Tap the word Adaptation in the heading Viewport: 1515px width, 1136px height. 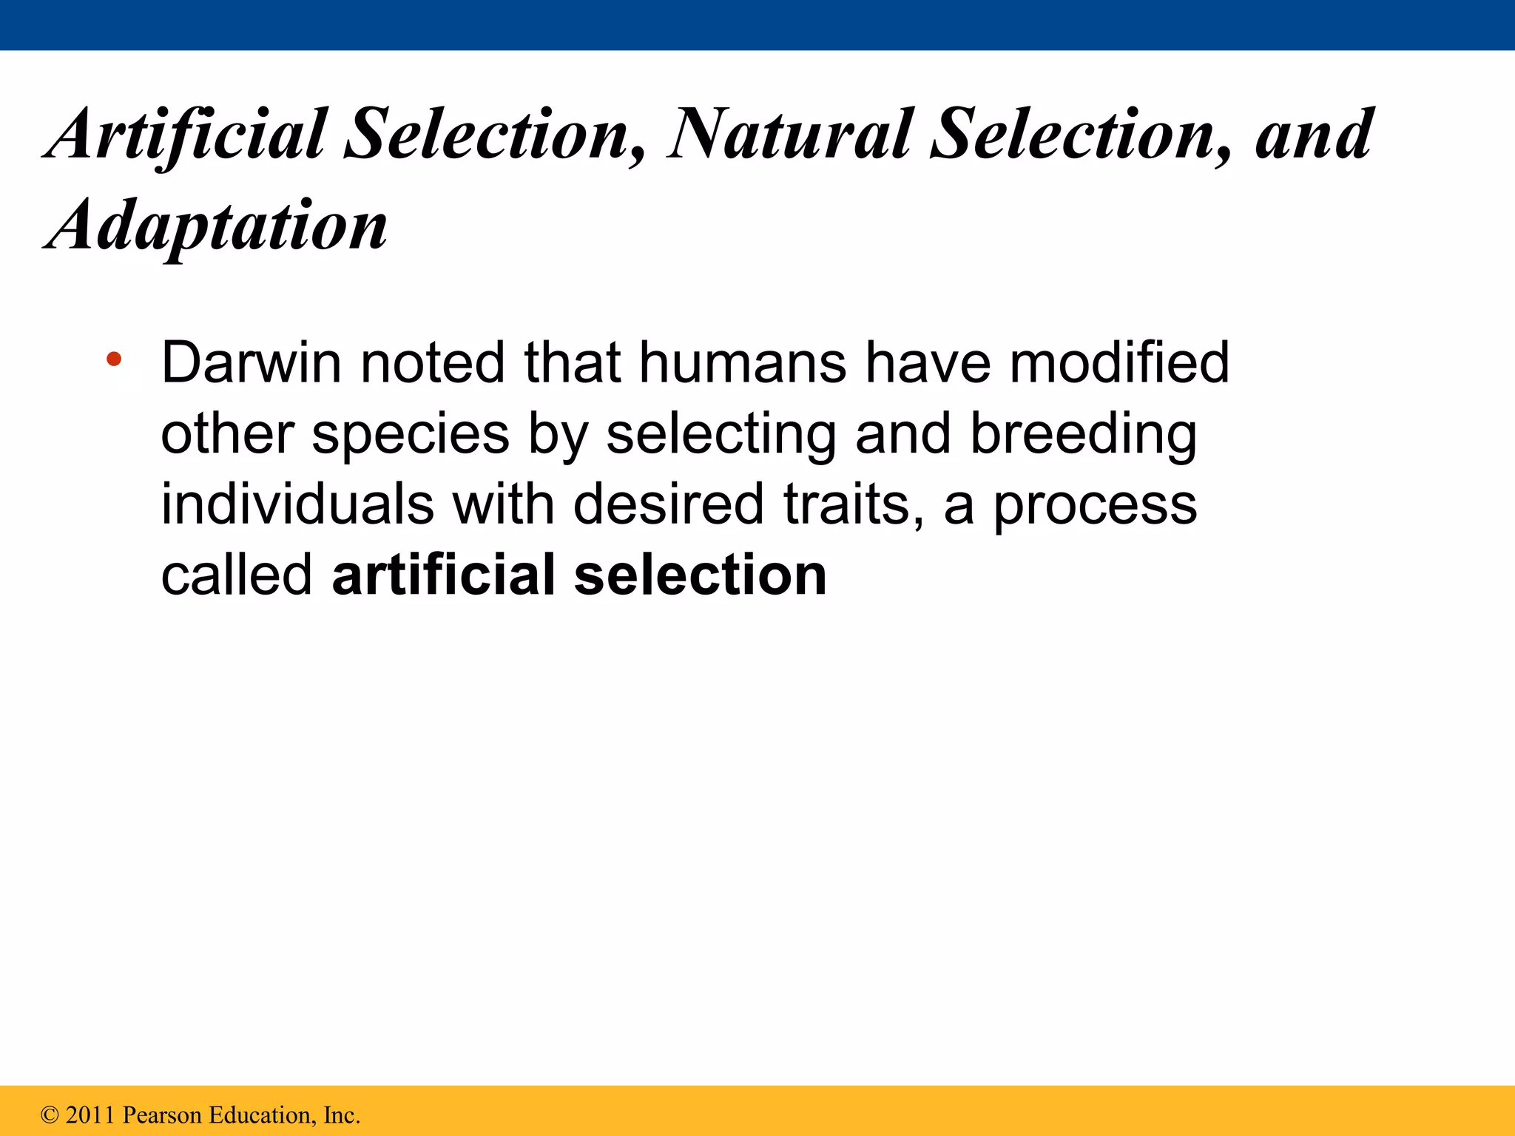[x=216, y=225]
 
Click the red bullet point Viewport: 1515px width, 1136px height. [x=113, y=360]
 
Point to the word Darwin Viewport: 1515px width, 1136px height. [x=252, y=363]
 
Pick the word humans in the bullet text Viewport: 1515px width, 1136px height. [x=742, y=363]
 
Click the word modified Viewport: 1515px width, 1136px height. [x=1119, y=363]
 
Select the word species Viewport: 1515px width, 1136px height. [x=411, y=434]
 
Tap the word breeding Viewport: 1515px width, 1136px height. [x=1083, y=434]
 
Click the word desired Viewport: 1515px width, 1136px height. [x=668, y=504]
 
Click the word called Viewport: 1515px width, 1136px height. [x=237, y=575]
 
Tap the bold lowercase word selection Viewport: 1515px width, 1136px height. [x=700, y=575]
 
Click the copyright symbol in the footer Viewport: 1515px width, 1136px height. [x=50, y=1115]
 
